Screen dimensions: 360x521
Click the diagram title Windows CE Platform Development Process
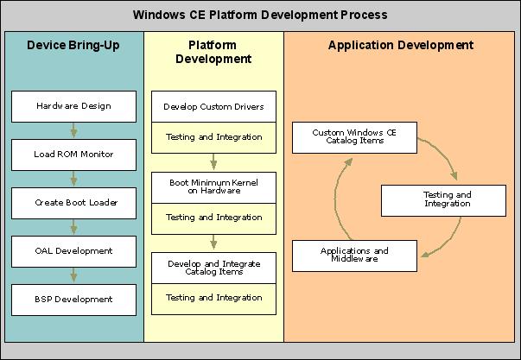[x=260, y=15]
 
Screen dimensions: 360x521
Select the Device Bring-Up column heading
[x=73, y=45]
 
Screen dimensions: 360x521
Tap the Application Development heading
[x=400, y=45]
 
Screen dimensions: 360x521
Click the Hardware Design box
[x=73, y=106]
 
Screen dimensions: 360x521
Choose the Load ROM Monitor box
[x=73, y=155]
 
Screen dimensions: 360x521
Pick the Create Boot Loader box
[x=73, y=203]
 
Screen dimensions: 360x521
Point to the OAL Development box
[x=73, y=251]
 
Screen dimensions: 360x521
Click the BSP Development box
[x=73, y=300]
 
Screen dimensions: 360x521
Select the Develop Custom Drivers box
[x=213, y=107]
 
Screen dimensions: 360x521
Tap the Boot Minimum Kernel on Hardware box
[x=213, y=187]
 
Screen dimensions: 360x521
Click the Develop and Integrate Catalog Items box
[x=213, y=267]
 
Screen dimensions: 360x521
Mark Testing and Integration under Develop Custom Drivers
[x=213, y=137]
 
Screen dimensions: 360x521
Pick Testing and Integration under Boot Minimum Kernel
[x=213, y=218]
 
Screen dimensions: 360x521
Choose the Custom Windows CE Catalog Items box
[x=354, y=136]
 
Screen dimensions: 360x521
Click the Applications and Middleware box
[x=354, y=255]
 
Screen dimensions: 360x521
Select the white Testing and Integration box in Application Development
[x=448, y=199]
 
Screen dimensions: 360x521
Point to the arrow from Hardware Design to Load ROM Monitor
[x=73, y=130]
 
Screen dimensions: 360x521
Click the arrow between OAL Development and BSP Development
[x=73, y=275]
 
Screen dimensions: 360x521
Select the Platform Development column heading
[x=213, y=52]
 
